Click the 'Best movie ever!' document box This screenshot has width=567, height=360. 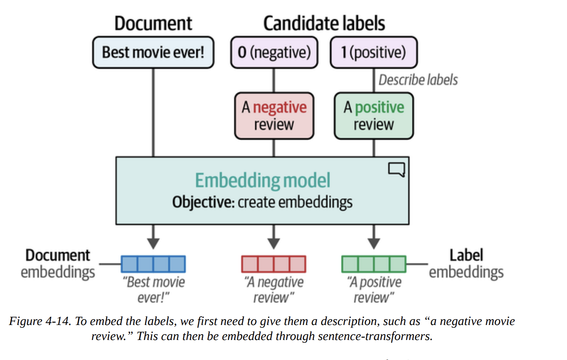153,52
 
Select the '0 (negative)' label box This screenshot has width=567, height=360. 274,52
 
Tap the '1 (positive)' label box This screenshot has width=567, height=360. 373,52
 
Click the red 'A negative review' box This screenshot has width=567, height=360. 274,116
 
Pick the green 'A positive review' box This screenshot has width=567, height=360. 374,116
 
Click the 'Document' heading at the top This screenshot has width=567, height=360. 153,23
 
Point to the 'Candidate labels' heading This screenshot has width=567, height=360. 324,23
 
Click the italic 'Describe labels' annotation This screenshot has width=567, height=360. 418,80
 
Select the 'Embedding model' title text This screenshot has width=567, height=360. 263,180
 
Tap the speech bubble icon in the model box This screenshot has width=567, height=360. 396,170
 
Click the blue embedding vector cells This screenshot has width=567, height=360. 153,264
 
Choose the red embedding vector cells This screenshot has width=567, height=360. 273,264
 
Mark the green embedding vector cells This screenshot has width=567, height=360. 374,264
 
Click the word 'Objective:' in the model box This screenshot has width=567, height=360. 203,202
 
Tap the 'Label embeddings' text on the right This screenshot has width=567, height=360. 466,264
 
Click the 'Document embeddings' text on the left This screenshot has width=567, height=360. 58,264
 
